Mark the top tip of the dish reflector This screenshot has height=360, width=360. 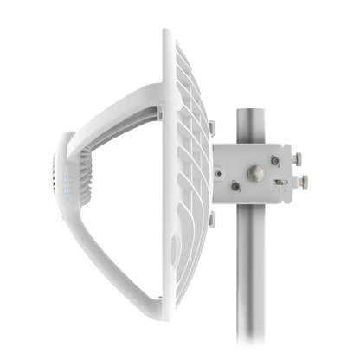(x=167, y=32)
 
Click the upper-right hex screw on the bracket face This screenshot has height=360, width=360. (x=275, y=160)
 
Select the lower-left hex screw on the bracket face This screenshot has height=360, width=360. (x=235, y=186)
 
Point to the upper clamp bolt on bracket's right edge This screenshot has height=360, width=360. (x=299, y=159)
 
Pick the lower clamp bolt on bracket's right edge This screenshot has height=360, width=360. (x=304, y=182)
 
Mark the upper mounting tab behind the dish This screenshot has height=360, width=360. (x=210, y=128)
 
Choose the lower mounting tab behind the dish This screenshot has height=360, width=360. (x=210, y=219)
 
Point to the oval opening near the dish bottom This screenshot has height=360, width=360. (x=176, y=251)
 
